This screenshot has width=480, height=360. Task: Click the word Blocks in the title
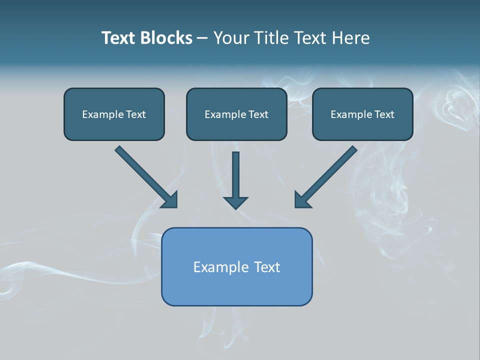pyautogui.click(x=167, y=38)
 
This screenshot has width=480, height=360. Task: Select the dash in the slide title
pyautogui.click(x=203, y=38)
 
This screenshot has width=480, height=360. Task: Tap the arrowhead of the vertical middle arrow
pyautogui.click(x=235, y=203)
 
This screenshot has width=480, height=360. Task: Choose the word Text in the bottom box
pyautogui.click(x=267, y=267)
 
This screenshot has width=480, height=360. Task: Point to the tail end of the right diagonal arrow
pyautogui.click(x=353, y=149)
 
